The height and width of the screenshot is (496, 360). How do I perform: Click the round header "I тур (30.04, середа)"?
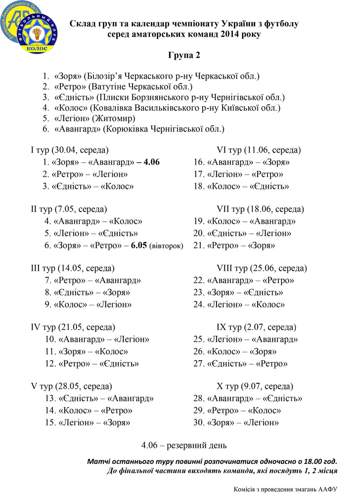pos(69,150)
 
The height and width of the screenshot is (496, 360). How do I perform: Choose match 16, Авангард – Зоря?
pos(241,162)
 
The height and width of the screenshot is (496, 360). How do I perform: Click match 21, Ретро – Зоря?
pos(234,245)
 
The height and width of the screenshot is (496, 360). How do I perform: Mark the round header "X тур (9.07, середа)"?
pos(255,386)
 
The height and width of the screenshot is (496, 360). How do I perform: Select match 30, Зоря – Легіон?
pos(236,423)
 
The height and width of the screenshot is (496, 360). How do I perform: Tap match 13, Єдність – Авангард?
pos(99,398)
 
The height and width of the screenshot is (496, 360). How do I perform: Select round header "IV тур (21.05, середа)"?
pos(73,327)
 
